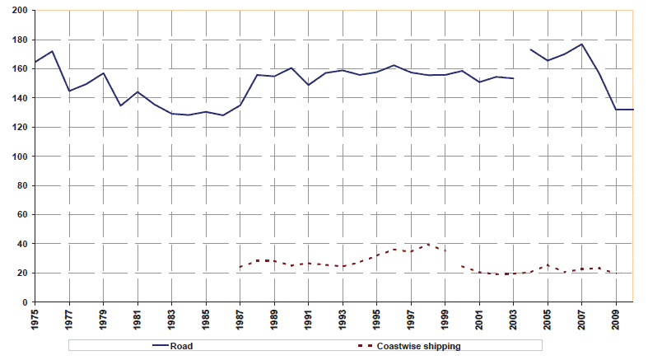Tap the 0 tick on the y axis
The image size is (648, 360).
24,302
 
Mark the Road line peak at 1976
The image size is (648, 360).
52,51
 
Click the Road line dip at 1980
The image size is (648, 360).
120,105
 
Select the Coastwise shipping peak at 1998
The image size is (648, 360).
428,245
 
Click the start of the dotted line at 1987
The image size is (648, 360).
240,267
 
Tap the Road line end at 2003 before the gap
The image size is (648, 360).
513,78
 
